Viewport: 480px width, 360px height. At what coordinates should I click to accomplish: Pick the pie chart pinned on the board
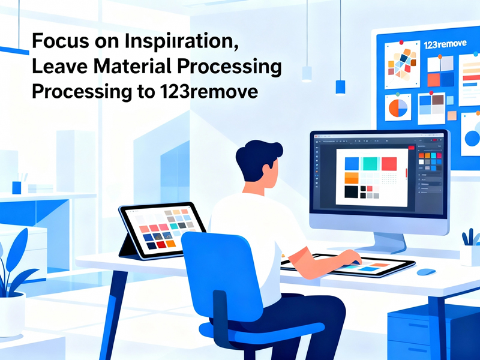coord(398,107)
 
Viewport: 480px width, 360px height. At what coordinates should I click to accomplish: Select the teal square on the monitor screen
coord(370,163)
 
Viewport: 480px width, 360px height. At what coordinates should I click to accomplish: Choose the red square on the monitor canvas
coord(389,163)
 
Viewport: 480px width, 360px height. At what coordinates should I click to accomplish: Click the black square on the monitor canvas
coord(351,192)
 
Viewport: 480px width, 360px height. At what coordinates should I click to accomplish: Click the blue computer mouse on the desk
coord(426,271)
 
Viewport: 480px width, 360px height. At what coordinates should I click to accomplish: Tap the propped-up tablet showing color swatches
coord(162,228)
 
